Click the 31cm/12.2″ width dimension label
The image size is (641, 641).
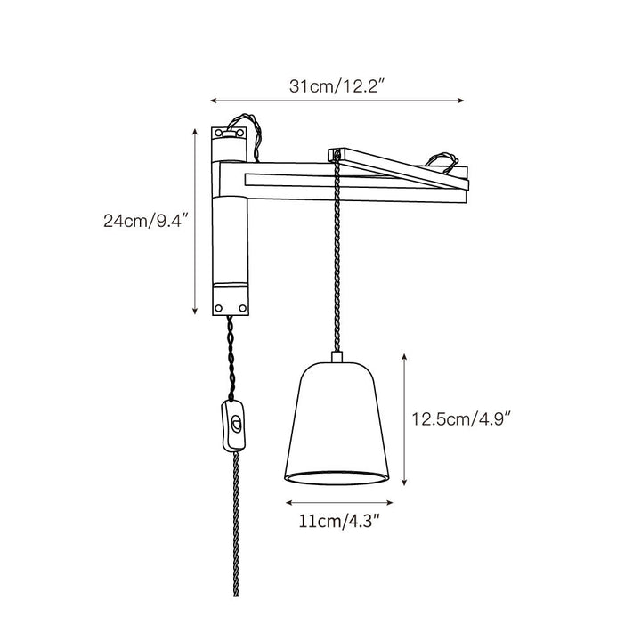pyautogui.click(x=337, y=86)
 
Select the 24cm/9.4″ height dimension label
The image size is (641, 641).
pyautogui.click(x=146, y=221)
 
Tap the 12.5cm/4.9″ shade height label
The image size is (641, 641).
pyautogui.click(x=461, y=419)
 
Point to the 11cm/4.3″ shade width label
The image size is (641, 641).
pyautogui.click(x=340, y=521)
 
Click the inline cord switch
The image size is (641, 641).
pyautogui.click(x=234, y=426)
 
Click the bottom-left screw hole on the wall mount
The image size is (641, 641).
pyautogui.click(x=219, y=308)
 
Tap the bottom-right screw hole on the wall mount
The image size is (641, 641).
pyautogui.click(x=242, y=308)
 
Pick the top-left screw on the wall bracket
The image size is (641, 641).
pyautogui.click(x=218, y=133)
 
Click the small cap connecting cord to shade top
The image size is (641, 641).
pyautogui.click(x=337, y=356)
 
